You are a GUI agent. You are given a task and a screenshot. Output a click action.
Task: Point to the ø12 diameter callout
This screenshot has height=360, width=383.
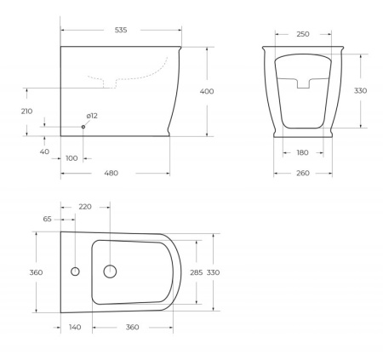92,116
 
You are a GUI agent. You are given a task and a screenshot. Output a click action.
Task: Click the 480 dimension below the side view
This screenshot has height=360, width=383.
111,174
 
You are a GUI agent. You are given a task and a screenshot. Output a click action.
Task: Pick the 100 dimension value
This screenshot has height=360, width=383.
71,157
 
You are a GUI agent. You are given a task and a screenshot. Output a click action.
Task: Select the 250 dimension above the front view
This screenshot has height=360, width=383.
303,34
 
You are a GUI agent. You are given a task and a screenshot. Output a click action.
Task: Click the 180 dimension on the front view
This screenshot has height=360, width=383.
303,153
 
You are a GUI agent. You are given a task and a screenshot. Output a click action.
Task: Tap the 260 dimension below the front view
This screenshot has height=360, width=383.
303,174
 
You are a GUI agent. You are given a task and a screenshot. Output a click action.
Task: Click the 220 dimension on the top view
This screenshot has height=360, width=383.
85,207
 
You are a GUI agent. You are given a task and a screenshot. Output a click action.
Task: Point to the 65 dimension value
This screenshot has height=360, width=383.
47,219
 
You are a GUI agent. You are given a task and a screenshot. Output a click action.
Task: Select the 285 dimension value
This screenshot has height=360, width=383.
197,272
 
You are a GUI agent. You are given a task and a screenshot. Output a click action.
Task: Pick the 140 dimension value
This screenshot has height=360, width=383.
76,327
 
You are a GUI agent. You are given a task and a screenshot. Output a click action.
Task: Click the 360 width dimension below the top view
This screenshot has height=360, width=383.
132,327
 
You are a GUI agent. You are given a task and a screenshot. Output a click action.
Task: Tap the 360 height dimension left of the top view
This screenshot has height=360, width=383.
37,272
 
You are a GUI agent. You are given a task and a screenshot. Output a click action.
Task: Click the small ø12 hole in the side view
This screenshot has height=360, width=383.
83,127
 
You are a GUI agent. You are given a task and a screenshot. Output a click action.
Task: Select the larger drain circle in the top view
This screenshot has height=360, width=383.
109,272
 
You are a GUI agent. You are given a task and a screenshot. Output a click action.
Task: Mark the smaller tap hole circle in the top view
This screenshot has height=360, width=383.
74,272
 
